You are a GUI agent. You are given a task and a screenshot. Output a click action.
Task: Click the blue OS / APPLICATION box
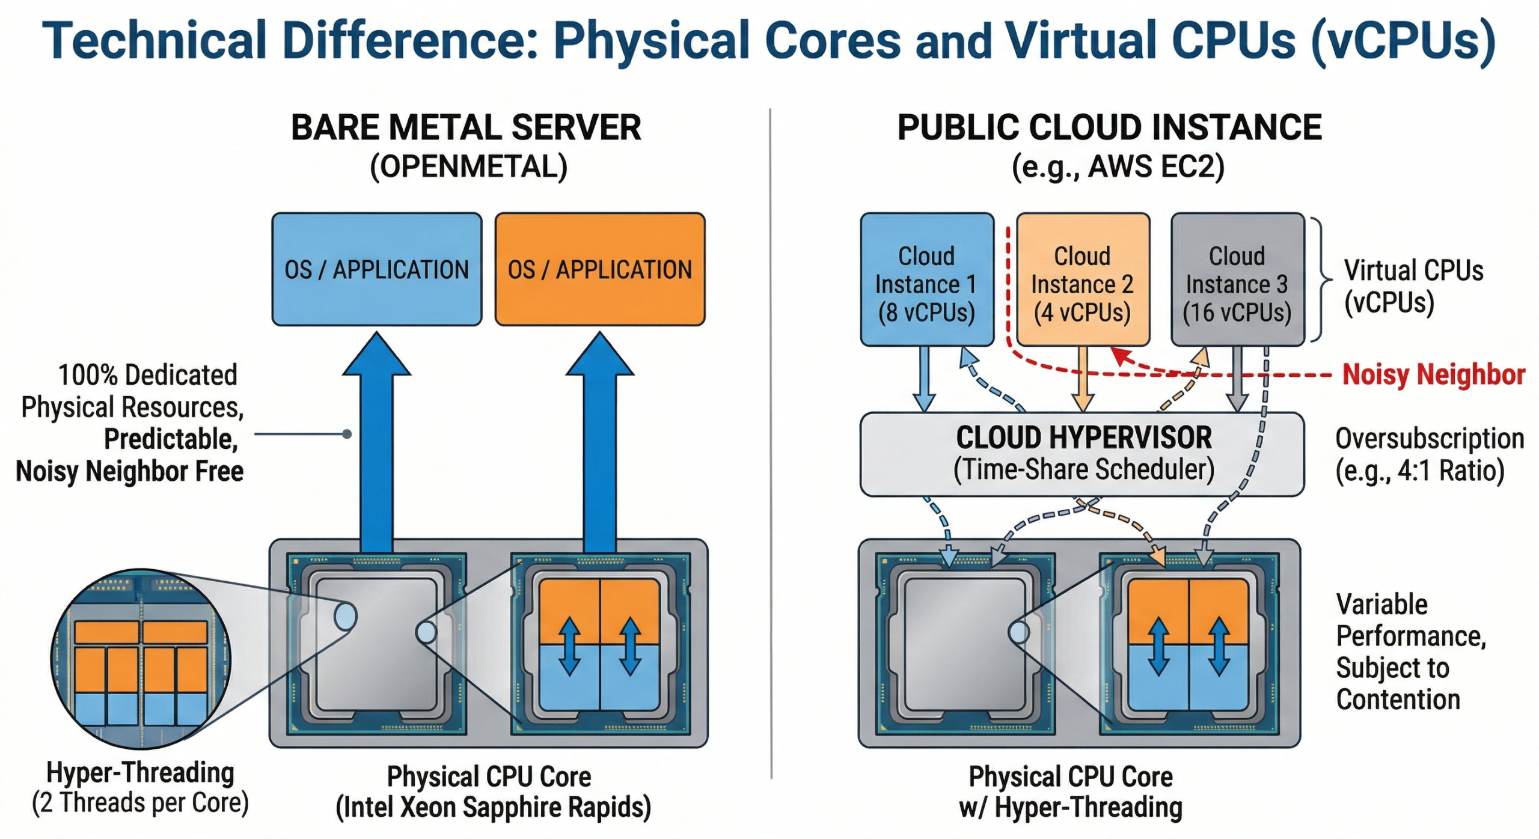pyautogui.click(x=376, y=269)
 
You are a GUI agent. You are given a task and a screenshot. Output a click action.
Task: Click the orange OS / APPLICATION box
pyautogui.click(x=599, y=269)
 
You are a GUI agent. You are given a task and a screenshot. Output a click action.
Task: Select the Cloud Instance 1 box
pyautogui.click(x=926, y=280)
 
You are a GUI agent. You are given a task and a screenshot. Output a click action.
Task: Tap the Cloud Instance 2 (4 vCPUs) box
pyautogui.click(x=1082, y=280)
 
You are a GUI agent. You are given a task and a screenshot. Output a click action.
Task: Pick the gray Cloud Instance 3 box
pyautogui.click(x=1237, y=280)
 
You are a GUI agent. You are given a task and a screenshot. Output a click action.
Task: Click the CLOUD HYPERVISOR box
pyautogui.click(x=1082, y=454)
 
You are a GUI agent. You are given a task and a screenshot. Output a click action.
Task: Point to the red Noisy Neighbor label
pyautogui.click(x=1433, y=374)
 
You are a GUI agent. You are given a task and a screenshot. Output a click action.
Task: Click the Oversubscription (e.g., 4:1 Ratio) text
pyautogui.click(x=1428, y=455)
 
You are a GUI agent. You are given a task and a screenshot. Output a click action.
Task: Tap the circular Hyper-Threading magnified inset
pyautogui.click(x=141, y=659)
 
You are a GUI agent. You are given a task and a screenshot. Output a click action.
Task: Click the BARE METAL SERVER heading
pyautogui.click(x=466, y=128)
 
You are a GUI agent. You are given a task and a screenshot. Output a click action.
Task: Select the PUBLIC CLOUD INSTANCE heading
pyautogui.click(x=1109, y=128)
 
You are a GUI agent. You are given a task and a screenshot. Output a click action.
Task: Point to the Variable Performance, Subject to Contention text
pyautogui.click(x=1410, y=652)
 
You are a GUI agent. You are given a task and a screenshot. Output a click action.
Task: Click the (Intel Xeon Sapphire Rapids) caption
pyautogui.click(x=493, y=807)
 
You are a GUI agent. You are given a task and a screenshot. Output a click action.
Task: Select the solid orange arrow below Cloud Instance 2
pyautogui.click(x=1082, y=379)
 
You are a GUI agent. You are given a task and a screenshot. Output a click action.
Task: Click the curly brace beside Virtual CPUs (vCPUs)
pyautogui.click(x=1323, y=280)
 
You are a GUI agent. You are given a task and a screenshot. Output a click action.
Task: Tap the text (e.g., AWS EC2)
pyautogui.click(x=1118, y=166)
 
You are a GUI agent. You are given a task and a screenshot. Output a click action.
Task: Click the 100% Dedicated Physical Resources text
pyautogui.click(x=132, y=391)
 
